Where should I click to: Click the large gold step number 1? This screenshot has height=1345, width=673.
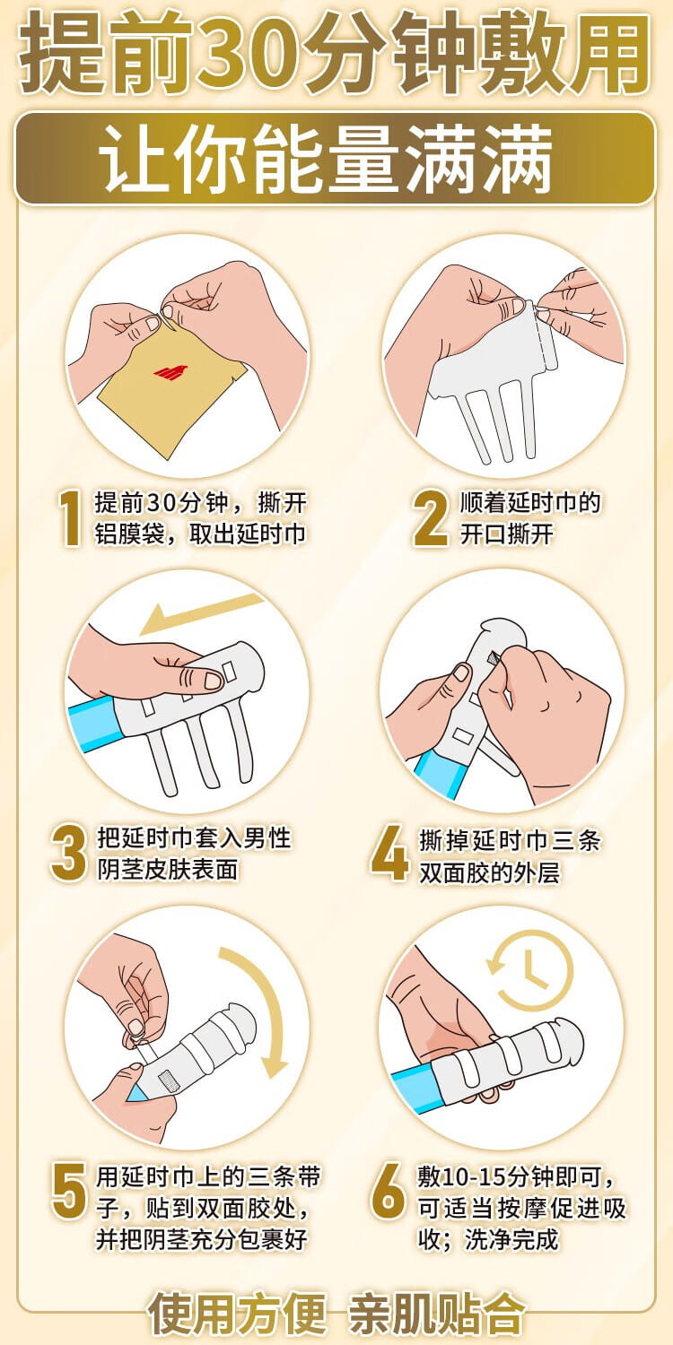70,518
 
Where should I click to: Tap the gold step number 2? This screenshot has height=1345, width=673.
431,518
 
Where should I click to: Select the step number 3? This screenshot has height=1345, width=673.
68,854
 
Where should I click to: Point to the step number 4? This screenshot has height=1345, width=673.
390,854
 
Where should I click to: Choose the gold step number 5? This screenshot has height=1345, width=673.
68,1191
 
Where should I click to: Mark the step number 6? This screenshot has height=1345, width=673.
389,1191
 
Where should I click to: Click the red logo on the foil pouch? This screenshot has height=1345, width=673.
169,370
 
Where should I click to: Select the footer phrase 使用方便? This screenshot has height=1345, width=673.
238,1315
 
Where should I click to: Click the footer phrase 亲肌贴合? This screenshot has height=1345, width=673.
436,1315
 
